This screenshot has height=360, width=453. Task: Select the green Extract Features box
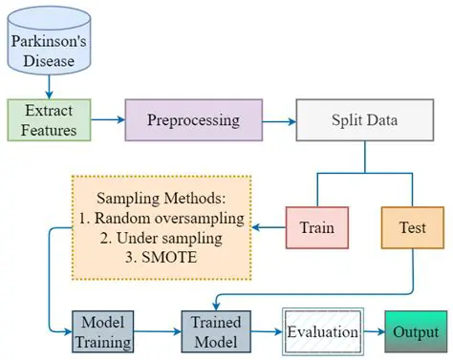tap(49, 120)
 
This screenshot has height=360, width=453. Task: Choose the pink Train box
tap(316, 228)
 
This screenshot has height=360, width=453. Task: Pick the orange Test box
tap(412, 228)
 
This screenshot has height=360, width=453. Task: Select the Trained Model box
tap(216, 330)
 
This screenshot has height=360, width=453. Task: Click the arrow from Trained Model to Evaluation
tap(264, 331)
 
